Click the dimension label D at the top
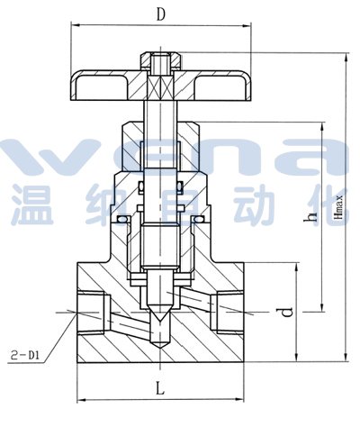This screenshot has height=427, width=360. coord(161,14)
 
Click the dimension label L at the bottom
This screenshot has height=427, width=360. coord(160,387)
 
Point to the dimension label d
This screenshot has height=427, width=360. coord(286,313)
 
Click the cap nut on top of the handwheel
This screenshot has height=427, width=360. coord(161,61)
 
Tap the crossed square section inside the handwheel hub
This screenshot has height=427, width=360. coord(161,87)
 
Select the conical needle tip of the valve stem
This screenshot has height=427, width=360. coord(161,313)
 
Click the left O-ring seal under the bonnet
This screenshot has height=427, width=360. coord(122,220)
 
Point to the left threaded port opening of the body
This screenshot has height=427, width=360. coord(91,312)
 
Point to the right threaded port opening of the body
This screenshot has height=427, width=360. coord(230,312)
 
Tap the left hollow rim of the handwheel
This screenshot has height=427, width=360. coord(99,87)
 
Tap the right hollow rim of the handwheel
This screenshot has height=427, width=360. coord(222,87)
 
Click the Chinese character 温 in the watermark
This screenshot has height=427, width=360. coord(33,205)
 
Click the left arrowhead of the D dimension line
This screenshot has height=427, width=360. coord(75,25)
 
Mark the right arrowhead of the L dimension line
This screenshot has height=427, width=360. coord(239,399)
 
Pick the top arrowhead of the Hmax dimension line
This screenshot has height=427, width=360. coord(347,57)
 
